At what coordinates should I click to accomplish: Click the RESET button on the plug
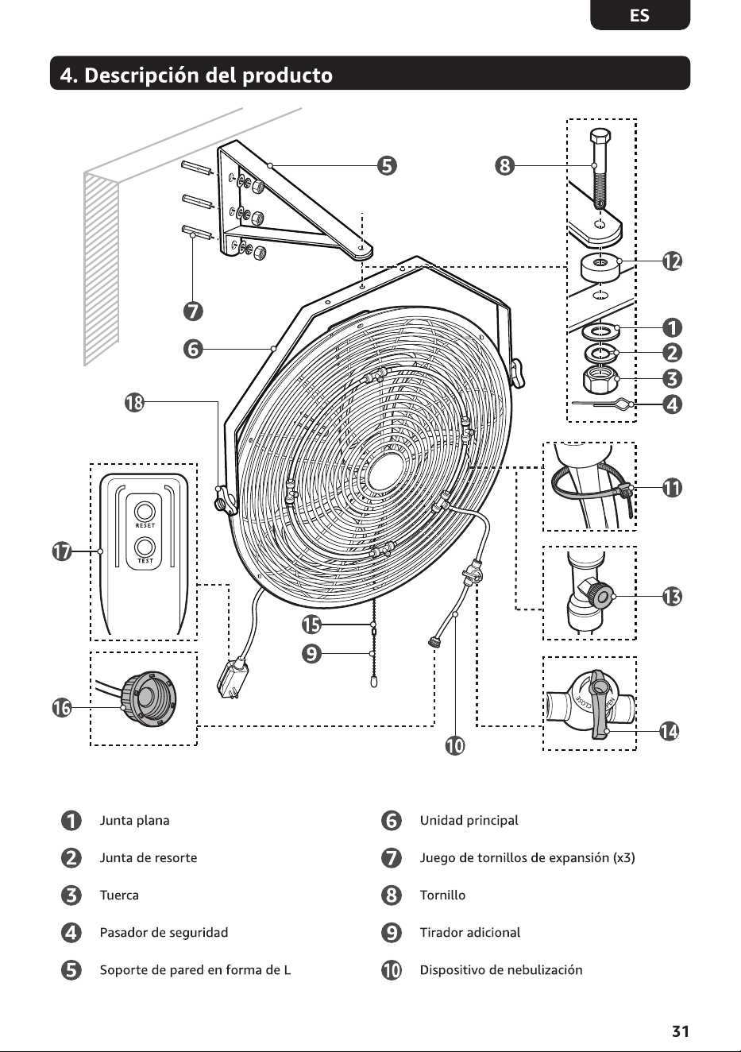click(145, 512)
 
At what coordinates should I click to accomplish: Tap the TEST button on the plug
click(145, 547)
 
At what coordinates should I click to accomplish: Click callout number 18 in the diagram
click(134, 403)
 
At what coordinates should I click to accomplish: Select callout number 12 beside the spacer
click(672, 261)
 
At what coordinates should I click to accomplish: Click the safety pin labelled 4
click(604, 404)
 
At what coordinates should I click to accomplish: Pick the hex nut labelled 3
click(600, 379)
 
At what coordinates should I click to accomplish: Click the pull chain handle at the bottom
click(374, 682)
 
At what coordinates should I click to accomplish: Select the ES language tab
click(640, 15)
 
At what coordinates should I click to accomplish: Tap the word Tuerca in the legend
click(119, 895)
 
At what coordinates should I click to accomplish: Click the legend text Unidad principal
click(469, 821)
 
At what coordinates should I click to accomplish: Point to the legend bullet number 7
click(392, 858)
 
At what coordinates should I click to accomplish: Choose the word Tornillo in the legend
click(443, 895)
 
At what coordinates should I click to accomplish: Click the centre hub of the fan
click(386, 475)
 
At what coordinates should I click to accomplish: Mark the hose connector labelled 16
click(149, 698)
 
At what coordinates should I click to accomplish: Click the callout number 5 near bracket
click(387, 166)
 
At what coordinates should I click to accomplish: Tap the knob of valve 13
click(603, 598)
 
